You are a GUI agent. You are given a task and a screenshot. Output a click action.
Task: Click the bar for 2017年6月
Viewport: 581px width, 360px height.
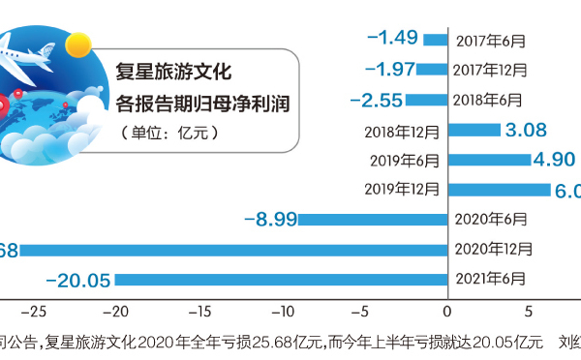(436, 40)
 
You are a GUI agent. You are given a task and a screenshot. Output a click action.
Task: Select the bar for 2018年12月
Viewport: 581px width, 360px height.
(474, 130)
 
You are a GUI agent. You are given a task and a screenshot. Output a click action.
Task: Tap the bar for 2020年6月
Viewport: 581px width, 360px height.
(373, 220)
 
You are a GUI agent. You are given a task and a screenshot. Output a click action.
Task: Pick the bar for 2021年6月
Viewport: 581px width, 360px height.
(281, 280)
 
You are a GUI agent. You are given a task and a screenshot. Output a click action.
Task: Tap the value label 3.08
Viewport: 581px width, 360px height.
(528, 130)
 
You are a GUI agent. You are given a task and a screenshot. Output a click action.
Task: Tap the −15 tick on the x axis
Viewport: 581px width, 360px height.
(198, 312)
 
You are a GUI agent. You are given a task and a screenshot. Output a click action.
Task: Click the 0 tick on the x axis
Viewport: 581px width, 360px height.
(447, 312)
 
